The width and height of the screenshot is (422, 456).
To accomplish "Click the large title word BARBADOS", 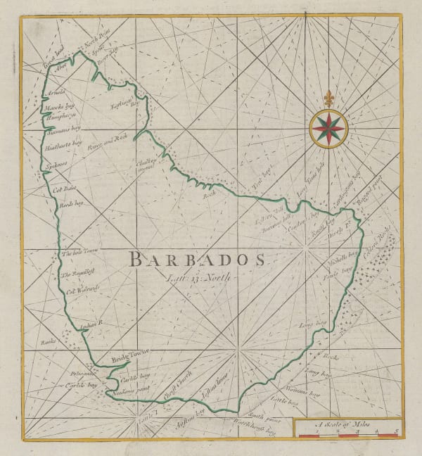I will click(x=198, y=260).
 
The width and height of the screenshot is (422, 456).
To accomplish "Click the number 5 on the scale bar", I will click(x=397, y=431).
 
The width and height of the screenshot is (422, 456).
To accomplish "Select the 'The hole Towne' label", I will click(x=77, y=253).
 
